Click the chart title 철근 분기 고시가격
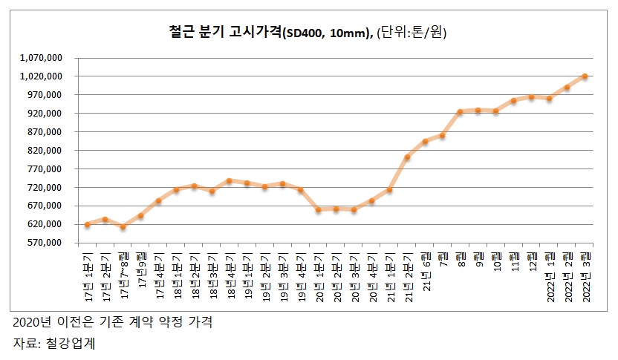[x=223, y=32]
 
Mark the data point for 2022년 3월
[x=585, y=76]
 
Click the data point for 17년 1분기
[x=87, y=224]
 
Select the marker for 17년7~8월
[x=123, y=227]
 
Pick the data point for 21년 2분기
[x=407, y=157]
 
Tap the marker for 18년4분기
[x=230, y=180]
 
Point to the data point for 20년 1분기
[x=318, y=210]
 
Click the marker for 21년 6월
[x=425, y=141]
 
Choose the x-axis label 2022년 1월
[x=550, y=274]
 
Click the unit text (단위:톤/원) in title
[x=412, y=32]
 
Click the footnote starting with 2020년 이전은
[x=112, y=323]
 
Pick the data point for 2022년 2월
[x=567, y=87]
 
